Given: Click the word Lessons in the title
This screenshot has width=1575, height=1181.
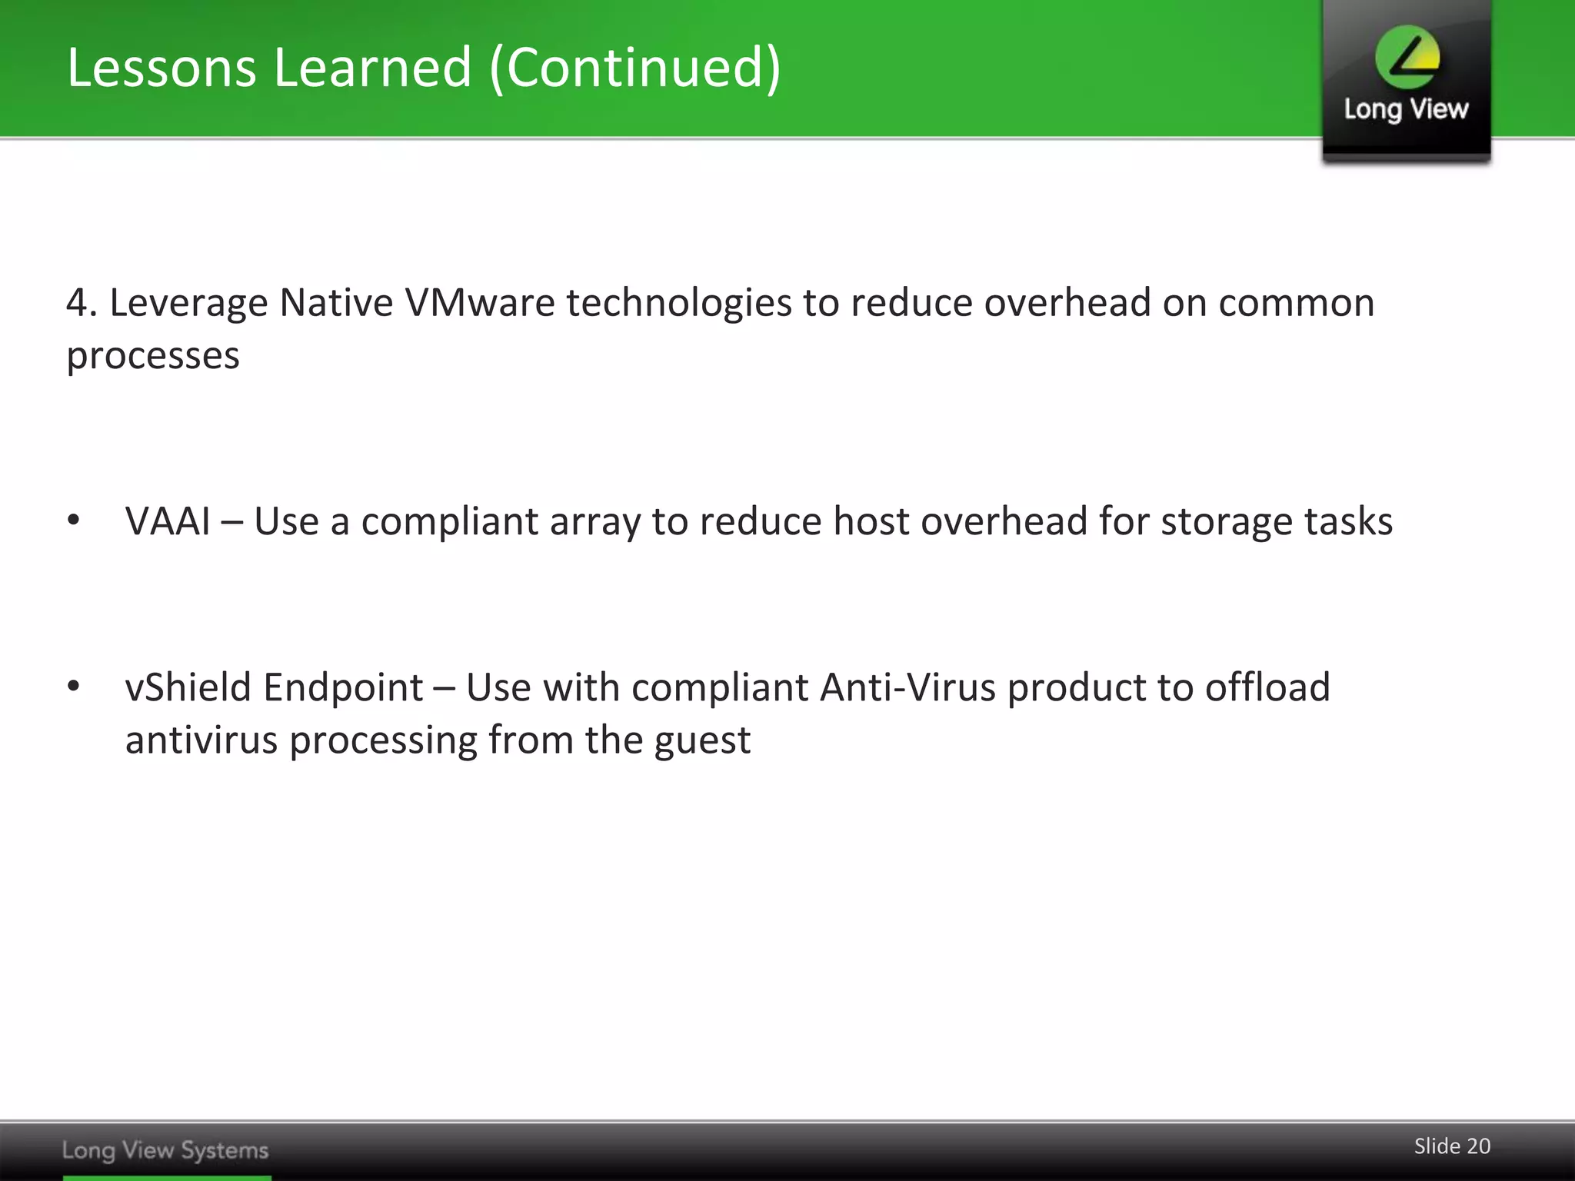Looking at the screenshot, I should tap(161, 68).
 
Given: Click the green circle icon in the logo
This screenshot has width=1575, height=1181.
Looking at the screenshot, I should tap(1407, 57).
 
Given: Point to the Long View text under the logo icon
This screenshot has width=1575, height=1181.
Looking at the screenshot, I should tap(1406, 109).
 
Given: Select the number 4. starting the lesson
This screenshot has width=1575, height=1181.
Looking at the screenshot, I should tap(82, 303).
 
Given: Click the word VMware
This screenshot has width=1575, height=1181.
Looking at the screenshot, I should tap(479, 303).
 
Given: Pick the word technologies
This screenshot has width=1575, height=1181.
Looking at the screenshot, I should tap(678, 303).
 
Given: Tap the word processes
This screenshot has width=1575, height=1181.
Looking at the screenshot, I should tap(153, 356).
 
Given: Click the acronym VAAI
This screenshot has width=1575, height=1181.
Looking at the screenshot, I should tap(168, 521).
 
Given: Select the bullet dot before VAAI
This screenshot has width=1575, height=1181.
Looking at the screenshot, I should tap(74, 521).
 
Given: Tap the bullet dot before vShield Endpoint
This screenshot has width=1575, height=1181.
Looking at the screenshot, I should tap(74, 686).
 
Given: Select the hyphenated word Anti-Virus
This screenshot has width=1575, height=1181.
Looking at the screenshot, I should tap(907, 687).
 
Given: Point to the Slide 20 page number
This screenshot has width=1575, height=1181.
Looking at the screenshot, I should tap(1452, 1146).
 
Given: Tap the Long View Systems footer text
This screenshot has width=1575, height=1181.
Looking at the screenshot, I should tap(165, 1150).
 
